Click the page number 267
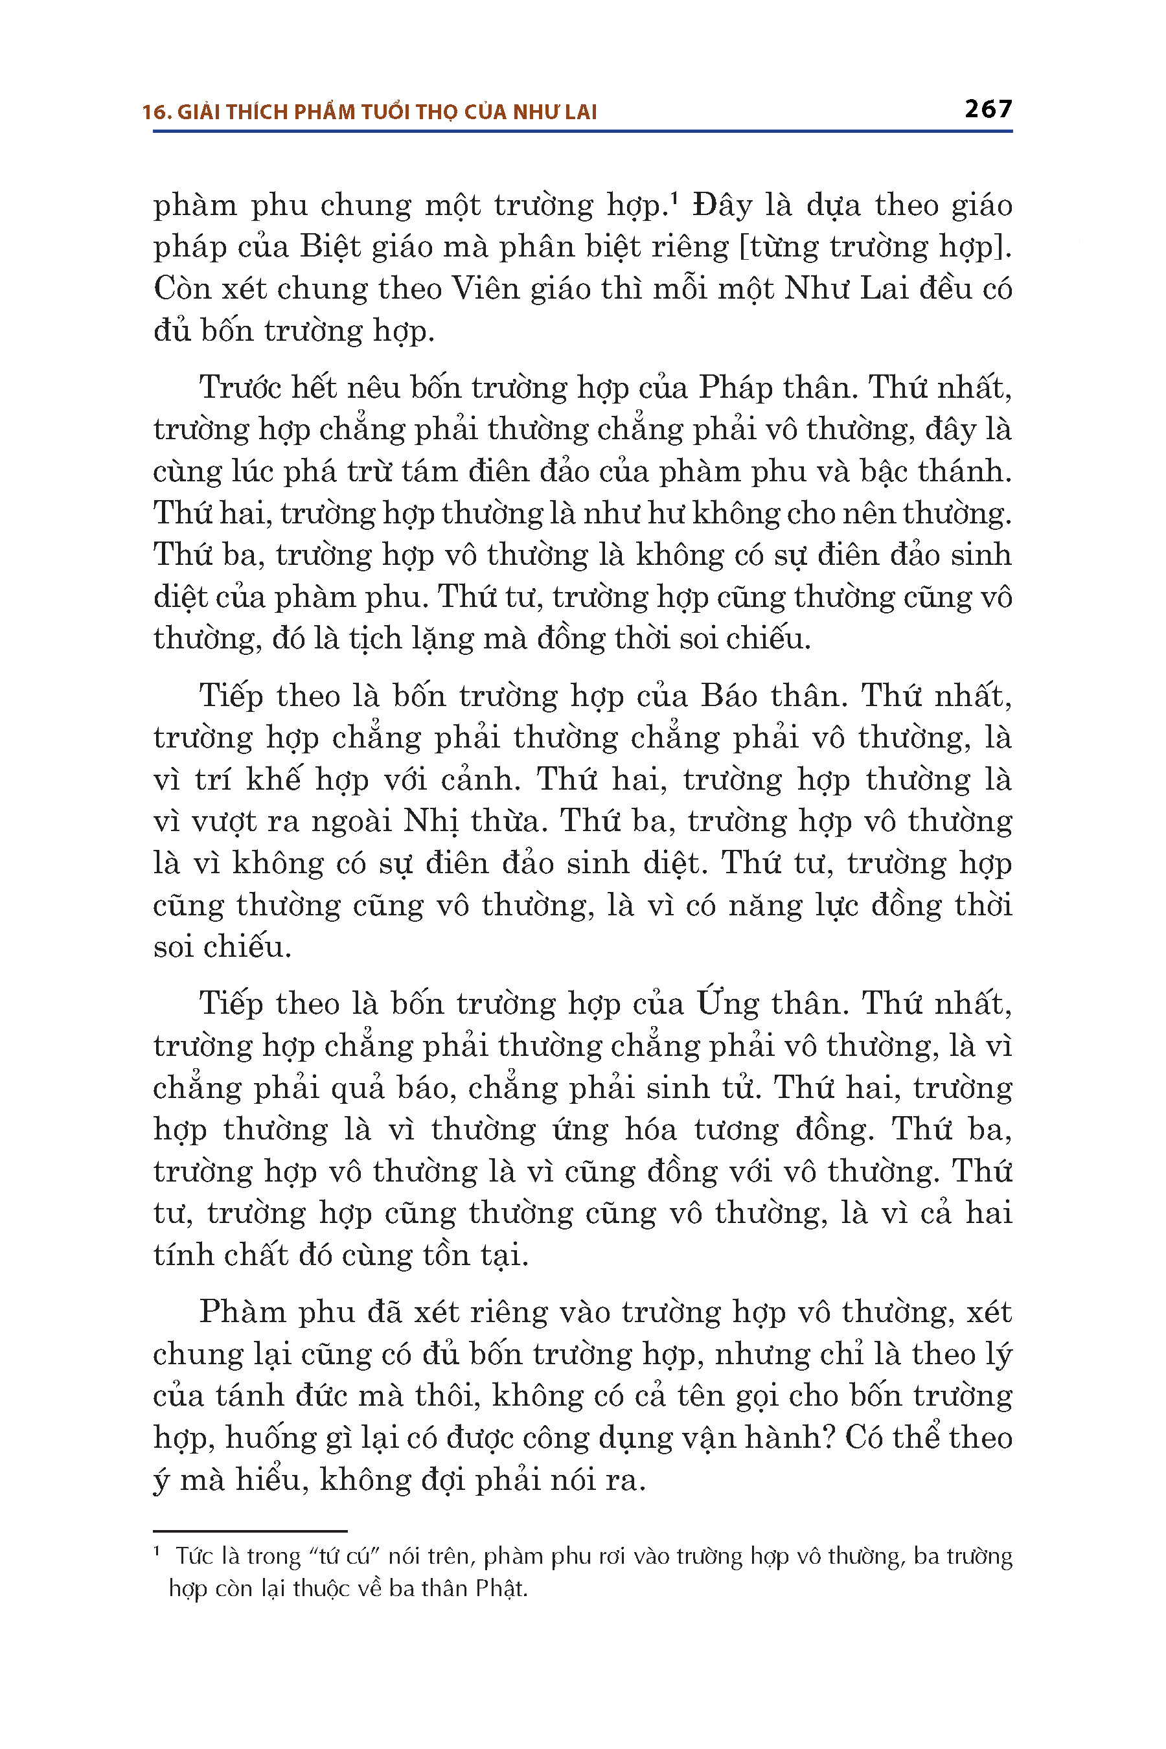pos(987,109)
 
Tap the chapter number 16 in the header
pos(152,112)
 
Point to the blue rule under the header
pos(582,131)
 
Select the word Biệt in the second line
pos(332,247)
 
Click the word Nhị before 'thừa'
pos(431,821)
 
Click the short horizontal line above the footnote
pos(250,1531)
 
